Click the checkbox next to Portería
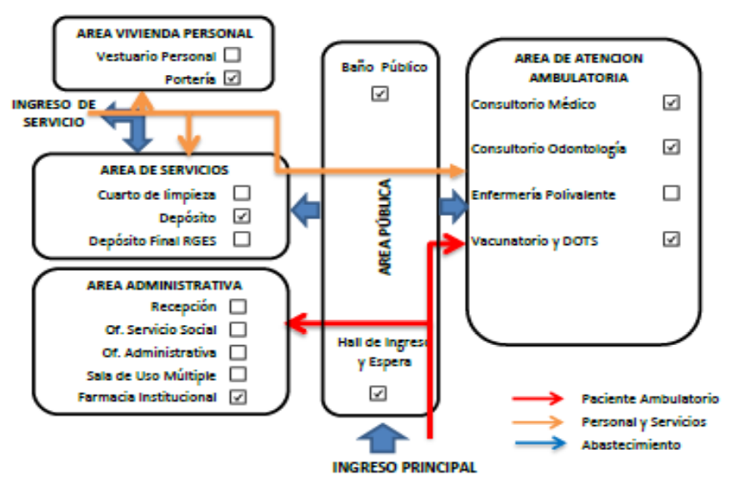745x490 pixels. click(x=232, y=78)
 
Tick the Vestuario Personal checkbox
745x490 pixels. click(x=232, y=55)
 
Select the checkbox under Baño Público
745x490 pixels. click(x=380, y=93)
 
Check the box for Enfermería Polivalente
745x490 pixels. click(x=671, y=193)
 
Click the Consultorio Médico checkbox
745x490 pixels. click(x=671, y=102)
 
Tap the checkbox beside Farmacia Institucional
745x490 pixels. click(x=237, y=397)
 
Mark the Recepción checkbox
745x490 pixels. click(x=237, y=307)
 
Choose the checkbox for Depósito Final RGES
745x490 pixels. click(x=242, y=239)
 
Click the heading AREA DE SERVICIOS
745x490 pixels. click(x=164, y=170)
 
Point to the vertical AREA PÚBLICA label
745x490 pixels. click(x=385, y=227)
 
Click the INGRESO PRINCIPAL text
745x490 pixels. click(x=404, y=467)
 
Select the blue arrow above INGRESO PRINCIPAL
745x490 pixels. click(x=382, y=438)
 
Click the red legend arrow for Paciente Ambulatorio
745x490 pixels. click(x=537, y=398)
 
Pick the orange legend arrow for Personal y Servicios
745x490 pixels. click(x=537, y=422)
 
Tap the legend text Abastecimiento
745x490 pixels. click(x=632, y=445)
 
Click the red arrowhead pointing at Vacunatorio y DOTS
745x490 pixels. click(x=454, y=243)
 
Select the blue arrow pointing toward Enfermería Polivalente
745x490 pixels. click(x=453, y=207)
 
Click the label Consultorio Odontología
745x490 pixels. click(x=548, y=149)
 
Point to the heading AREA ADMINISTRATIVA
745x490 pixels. click(x=164, y=285)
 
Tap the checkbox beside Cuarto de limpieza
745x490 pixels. click(x=242, y=193)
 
